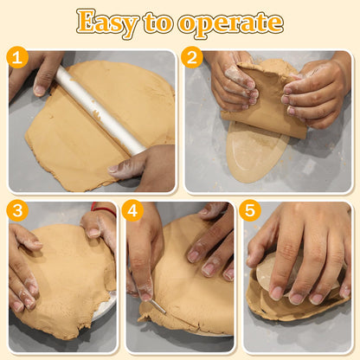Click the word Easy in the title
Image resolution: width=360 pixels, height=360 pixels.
pos(107,22)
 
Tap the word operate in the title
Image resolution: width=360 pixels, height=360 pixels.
pos(230,23)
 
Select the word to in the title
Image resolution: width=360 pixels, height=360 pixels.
pos(158,22)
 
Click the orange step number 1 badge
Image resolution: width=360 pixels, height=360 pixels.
pos(17,57)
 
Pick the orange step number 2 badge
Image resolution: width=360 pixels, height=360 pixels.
pos(192,57)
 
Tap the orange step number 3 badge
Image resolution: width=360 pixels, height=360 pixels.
pos(17,210)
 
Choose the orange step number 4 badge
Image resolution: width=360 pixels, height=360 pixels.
pos(132,210)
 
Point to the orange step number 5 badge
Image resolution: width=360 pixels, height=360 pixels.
pos(250,210)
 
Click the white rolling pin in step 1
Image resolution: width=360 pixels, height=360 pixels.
pos(100,110)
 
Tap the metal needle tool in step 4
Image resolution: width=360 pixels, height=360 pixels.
pos(157,307)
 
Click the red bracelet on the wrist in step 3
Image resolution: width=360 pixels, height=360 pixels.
pos(103,209)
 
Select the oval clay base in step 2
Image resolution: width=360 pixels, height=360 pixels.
pos(256,151)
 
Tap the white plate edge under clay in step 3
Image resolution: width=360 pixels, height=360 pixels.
pos(106,305)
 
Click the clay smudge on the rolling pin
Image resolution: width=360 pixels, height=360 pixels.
pos(98,115)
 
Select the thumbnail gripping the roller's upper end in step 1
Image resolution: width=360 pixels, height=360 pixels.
pos(40,90)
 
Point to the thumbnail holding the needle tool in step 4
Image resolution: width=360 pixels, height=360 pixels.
pos(145,295)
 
